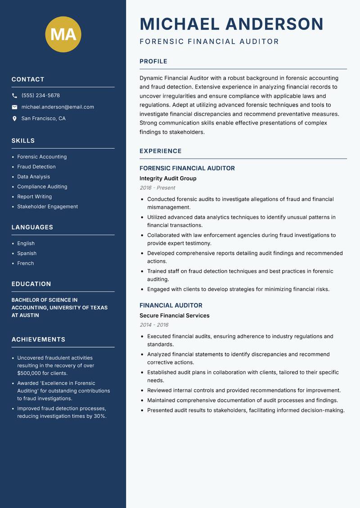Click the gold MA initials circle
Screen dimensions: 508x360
click(63, 34)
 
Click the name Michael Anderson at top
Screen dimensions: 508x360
click(231, 24)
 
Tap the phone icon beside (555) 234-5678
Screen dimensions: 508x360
click(14, 96)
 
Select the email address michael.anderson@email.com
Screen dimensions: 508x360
click(58, 107)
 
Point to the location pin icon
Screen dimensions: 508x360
click(14, 119)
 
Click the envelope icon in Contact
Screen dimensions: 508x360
click(14, 107)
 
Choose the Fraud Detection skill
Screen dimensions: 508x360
click(36, 167)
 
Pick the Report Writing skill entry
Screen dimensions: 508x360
click(34, 196)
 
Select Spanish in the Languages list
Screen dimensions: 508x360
click(27, 253)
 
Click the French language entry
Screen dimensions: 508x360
click(25, 263)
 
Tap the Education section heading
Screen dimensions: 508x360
click(31, 284)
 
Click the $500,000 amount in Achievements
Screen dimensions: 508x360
click(30, 373)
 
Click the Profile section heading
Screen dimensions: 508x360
click(153, 62)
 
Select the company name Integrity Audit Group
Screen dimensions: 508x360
click(168, 178)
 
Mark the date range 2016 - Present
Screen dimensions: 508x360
click(157, 188)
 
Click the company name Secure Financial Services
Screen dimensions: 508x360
click(174, 316)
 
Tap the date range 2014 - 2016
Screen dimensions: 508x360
click(153, 325)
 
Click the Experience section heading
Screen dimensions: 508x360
click(160, 151)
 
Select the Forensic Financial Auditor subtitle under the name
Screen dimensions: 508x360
click(209, 42)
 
